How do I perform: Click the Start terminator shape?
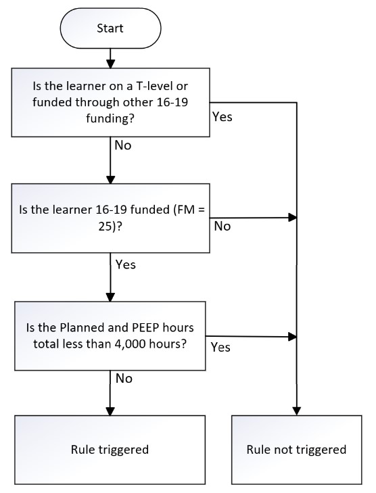click(x=110, y=28)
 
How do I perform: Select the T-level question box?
click(x=111, y=103)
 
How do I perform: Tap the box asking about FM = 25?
click(x=111, y=218)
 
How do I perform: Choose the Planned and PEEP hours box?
click(x=110, y=336)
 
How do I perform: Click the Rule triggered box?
click(x=110, y=450)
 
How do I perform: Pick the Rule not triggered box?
click(x=296, y=450)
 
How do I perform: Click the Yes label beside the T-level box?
click(x=222, y=117)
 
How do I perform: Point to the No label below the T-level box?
click(x=123, y=145)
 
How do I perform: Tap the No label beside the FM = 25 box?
click(x=222, y=227)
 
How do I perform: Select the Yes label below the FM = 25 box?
click(x=126, y=264)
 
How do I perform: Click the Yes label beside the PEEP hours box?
click(x=220, y=348)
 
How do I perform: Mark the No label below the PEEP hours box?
click(x=124, y=379)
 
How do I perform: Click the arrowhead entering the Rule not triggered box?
click(x=296, y=411)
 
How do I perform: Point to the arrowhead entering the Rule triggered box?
click(x=110, y=411)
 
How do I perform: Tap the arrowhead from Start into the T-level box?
click(x=110, y=64)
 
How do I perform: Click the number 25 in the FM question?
click(x=105, y=227)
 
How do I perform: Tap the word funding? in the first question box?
click(x=110, y=119)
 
